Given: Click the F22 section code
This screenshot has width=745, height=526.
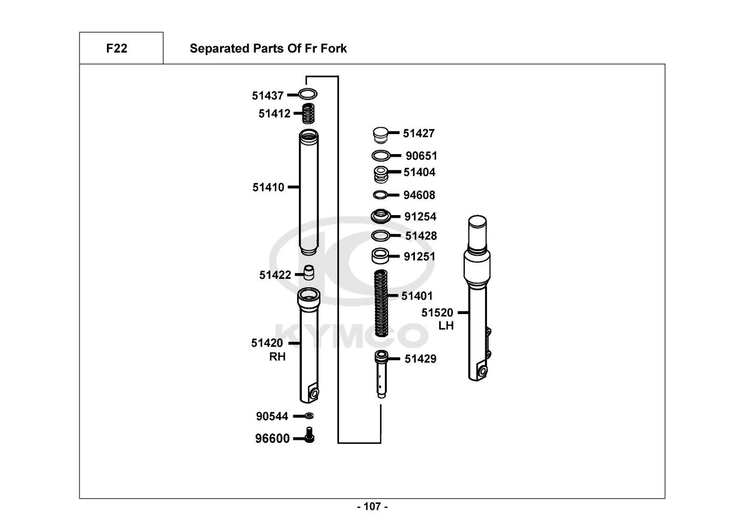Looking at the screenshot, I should click(116, 48).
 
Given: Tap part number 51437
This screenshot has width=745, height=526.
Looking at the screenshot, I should click(267, 96).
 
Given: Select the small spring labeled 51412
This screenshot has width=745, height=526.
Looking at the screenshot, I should click(309, 113).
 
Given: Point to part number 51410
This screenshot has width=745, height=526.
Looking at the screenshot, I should click(268, 187).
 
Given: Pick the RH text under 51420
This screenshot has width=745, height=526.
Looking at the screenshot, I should click(277, 357).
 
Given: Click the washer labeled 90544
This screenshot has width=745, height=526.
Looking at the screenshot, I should click(310, 416).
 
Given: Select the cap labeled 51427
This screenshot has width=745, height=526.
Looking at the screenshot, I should click(380, 135).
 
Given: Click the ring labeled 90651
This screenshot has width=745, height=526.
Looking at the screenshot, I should click(380, 156).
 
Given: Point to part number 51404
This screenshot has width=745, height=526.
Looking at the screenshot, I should click(420, 173).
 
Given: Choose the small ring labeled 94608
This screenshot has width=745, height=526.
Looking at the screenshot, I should click(380, 195).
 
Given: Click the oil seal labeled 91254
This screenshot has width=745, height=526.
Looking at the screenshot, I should click(380, 216).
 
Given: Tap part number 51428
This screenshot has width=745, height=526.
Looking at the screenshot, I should click(421, 236).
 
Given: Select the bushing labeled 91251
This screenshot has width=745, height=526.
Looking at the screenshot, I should click(380, 257).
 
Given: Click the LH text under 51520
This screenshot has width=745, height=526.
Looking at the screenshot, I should click(446, 326).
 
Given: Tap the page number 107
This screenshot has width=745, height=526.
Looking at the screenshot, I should click(372, 507).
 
